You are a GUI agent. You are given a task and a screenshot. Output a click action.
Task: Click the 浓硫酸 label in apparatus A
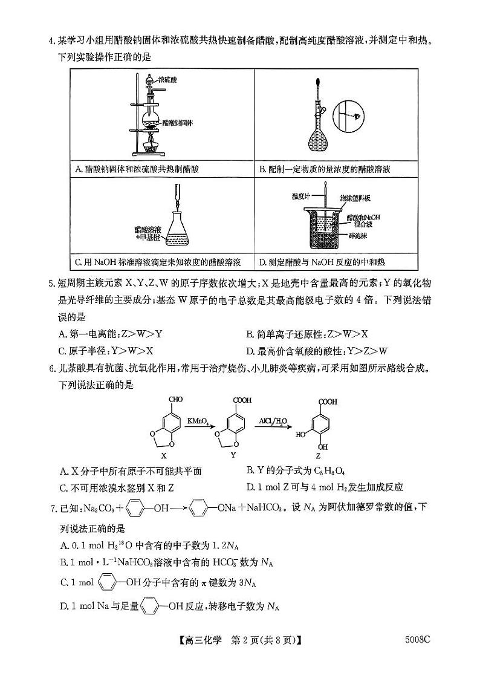167,79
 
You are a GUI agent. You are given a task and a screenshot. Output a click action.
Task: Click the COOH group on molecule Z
328,401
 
